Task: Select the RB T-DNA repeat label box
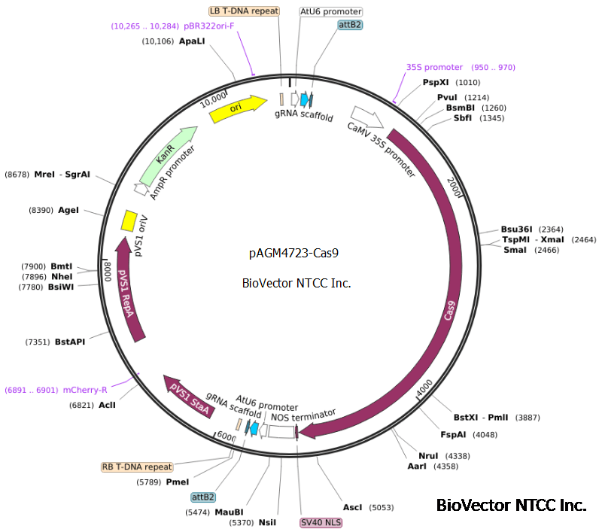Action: pyautogui.click(x=137, y=467)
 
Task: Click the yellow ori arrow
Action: pyautogui.click(x=237, y=108)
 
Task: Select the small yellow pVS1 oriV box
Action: pyautogui.click(x=129, y=220)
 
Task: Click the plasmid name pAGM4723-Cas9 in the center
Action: pyautogui.click(x=293, y=254)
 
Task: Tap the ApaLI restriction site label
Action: pyautogui.click(x=191, y=41)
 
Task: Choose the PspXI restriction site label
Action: pyautogui.click(x=436, y=82)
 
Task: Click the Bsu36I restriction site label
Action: pyautogui.click(x=516, y=229)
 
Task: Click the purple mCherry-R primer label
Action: pyautogui.click(x=84, y=390)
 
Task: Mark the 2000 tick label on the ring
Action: pyautogui.click(x=453, y=186)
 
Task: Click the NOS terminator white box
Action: pyautogui.click(x=281, y=432)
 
